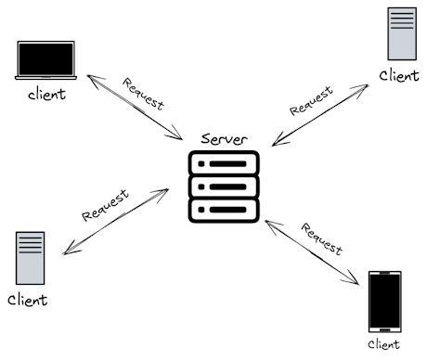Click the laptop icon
tap(45, 60)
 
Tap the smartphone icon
tap(384, 301)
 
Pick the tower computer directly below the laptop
tap(30, 258)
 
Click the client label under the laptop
tap(46, 95)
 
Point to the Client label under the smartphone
tap(384, 344)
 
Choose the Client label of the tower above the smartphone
tap(399, 75)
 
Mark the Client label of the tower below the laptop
tap(28, 301)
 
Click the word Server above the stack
tap(224, 138)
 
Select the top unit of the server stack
tap(224, 163)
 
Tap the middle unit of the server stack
tap(224, 187)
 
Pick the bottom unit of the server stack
tap(224, 211)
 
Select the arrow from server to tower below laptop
tap(116, 222)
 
